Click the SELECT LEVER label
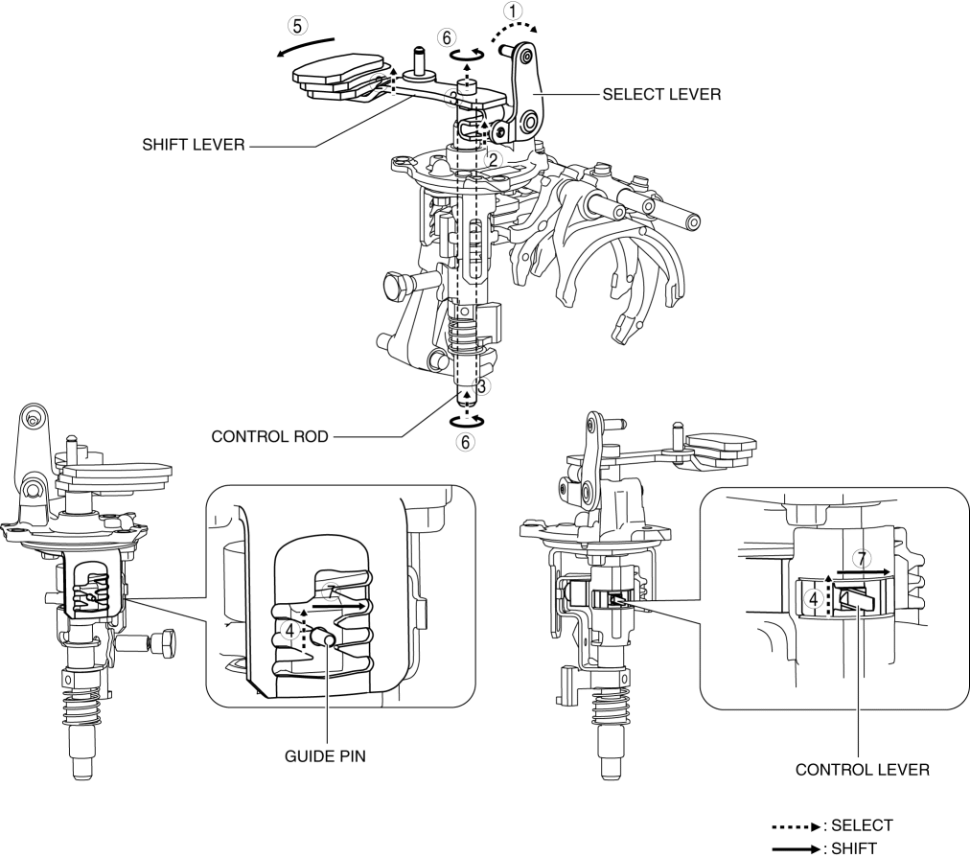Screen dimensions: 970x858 [661, 95]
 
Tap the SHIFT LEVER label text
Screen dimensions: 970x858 [194, 145]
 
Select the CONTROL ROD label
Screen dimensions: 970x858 [269, 437]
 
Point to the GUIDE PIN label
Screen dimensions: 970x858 [325, 756]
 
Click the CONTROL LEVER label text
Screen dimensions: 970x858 [863, 770]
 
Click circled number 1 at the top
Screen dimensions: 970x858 [513, 11]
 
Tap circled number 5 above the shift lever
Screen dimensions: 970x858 [297, 26]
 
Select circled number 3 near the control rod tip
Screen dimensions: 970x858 [484, 386]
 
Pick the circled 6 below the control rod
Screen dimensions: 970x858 [465, 442]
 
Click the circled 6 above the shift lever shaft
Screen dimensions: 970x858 [447, 37]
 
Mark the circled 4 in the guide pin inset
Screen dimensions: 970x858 [289, 631]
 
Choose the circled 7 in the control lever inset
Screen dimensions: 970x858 [861, 559]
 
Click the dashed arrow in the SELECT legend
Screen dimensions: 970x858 [796, 826]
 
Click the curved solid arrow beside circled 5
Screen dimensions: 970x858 [305, 45]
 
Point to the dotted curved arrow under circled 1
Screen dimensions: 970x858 [515, 30]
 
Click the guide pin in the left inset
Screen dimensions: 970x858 [325, 637]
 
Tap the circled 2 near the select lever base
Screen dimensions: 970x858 [492, 159]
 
